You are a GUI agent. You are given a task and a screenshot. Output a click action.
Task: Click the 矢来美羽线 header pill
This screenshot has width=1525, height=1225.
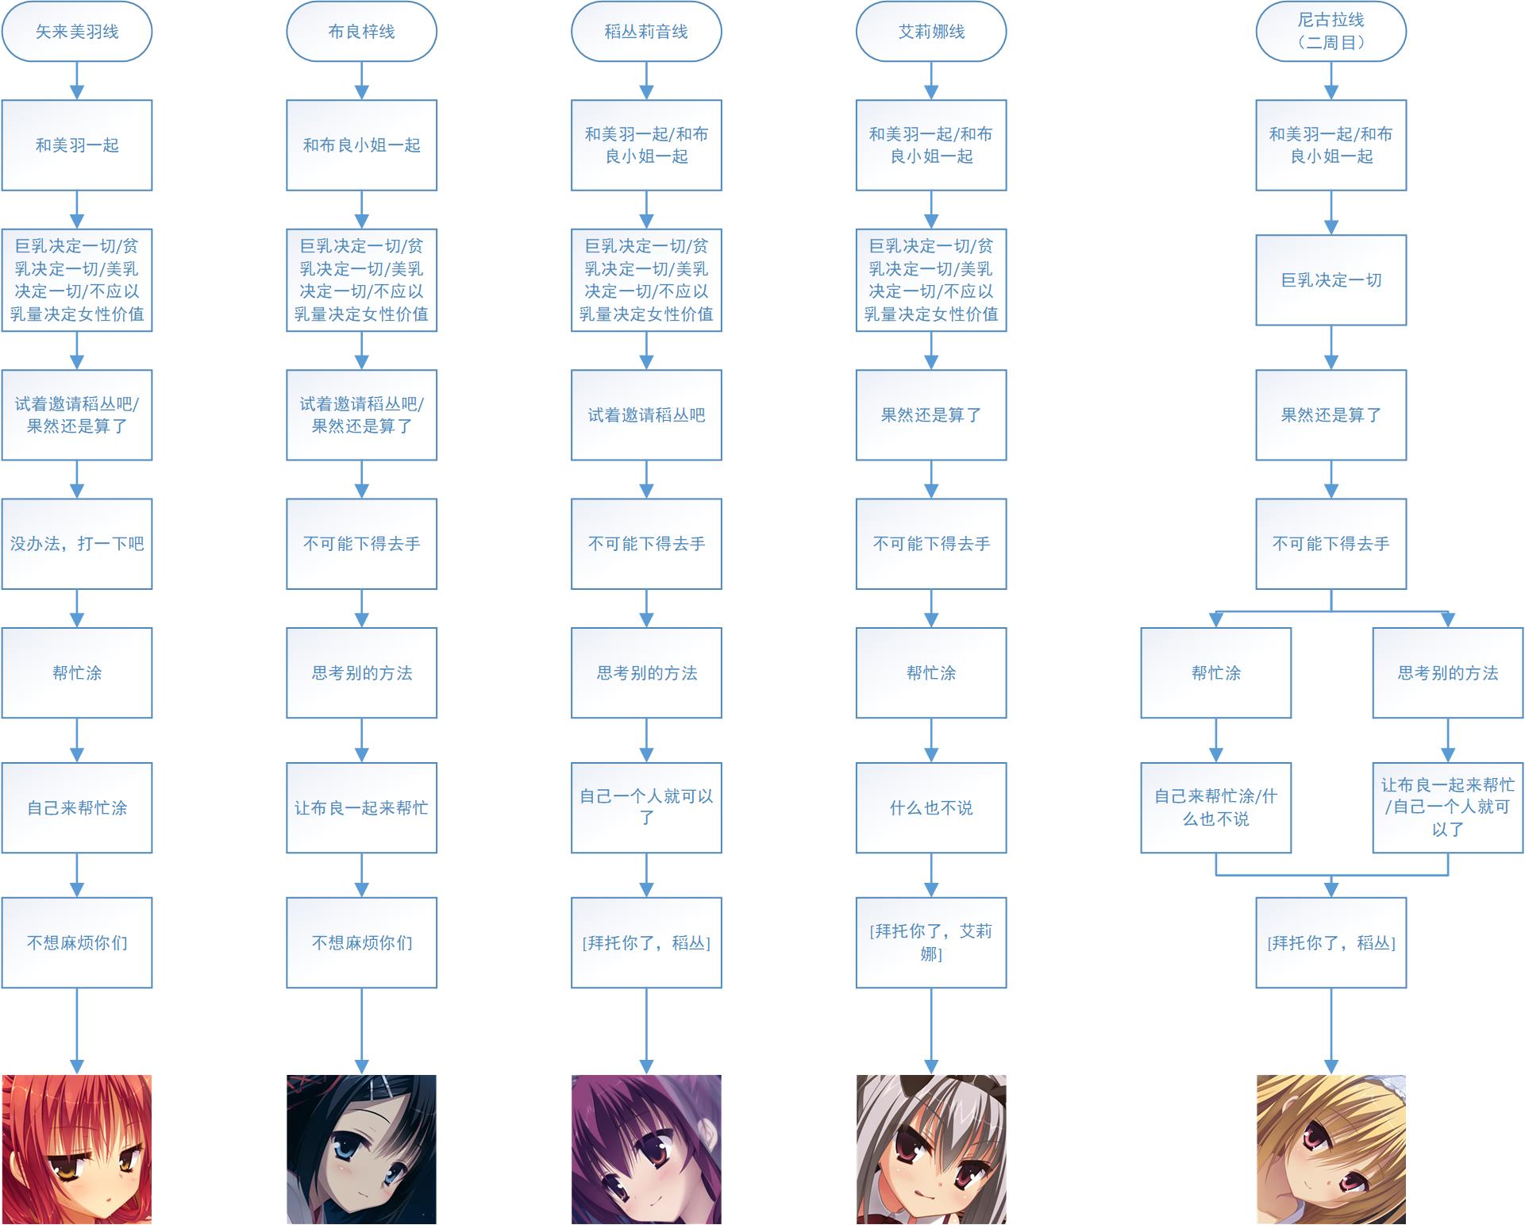tap(76, 32)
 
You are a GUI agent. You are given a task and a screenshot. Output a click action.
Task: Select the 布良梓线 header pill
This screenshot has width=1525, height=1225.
tap(361, 32)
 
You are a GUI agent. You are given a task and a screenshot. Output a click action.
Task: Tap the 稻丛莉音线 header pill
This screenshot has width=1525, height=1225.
tap(646, 32)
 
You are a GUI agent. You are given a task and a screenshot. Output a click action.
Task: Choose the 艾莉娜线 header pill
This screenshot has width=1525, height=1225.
tap(931, 32)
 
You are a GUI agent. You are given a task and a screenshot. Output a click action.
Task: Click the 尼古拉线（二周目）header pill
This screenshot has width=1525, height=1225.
tap(1331, 32)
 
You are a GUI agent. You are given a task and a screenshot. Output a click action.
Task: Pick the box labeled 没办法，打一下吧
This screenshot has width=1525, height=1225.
tap(76, 544)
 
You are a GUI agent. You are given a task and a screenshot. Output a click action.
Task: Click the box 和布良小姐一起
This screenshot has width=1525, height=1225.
tap(361, 145)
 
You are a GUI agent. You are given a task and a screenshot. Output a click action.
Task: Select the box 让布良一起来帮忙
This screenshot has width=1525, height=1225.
tap(361, 808)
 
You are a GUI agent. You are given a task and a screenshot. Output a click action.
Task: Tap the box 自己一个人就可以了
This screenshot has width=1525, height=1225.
tap(646, 808)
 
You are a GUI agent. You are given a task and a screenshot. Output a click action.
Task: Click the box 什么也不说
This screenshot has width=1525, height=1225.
tap(931, 808)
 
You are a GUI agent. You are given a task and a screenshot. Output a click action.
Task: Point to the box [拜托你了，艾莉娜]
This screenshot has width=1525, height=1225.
tap(931, 942)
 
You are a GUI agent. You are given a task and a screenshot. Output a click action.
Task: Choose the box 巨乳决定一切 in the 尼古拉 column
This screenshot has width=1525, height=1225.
tap(1331, 280)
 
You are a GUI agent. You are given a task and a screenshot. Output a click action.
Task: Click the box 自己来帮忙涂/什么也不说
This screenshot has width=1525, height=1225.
tap(1215, 808)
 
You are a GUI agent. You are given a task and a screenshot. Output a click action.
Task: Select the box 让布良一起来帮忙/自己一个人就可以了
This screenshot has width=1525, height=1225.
tap(1447, 808)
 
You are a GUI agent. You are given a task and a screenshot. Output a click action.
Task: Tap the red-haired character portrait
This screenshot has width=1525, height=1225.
tap(76, 1149)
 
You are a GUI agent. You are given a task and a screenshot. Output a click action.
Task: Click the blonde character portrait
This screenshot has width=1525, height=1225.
tap(1331, 1149)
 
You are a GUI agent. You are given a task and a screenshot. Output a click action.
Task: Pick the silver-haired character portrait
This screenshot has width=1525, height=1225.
tap(931, 1149)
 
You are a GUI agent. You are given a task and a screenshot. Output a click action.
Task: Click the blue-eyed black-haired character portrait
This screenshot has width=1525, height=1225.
tap(361, 1149)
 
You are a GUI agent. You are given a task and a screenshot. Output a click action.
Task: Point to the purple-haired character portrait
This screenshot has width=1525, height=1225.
tap(646, 1149)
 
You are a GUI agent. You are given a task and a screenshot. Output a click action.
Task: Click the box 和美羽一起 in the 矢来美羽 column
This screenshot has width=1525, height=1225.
tap(76, 145)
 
